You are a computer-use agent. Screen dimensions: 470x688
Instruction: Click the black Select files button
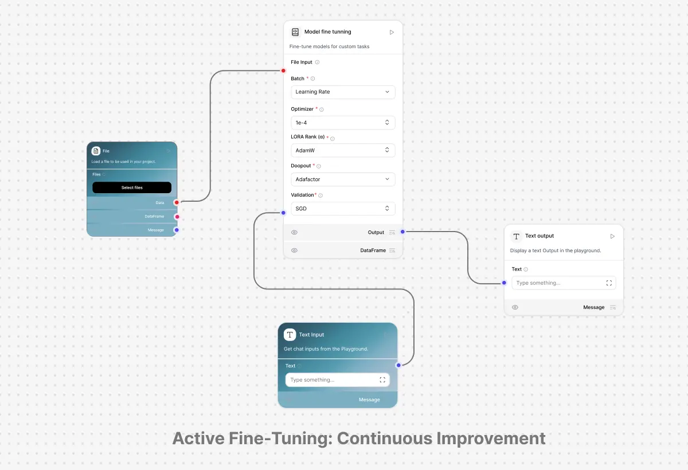pos(132,187)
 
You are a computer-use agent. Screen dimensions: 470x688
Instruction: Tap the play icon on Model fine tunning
pos(392,32)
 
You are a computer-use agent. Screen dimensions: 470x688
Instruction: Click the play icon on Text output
pos(612,236)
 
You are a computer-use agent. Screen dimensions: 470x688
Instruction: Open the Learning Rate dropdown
pos(343,92)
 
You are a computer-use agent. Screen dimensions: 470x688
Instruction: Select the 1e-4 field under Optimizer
pos(343,123)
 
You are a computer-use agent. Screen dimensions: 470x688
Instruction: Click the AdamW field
pos(343,150)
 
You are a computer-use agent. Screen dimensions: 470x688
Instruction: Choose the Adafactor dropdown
pos(343,179)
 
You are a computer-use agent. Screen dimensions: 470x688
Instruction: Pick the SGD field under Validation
pos(343,209)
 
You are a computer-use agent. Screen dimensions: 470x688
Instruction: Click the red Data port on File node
pos(177,202)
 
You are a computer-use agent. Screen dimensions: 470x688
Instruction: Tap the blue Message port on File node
pos(177,230)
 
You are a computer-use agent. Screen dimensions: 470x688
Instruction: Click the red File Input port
pos(283,71)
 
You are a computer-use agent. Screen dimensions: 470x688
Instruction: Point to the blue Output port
pos(402,232)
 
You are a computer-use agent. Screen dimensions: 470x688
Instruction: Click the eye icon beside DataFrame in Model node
pos(294,250)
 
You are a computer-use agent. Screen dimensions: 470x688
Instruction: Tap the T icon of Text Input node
pos(290,335)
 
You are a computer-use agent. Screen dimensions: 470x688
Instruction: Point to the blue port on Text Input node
pos(398,365)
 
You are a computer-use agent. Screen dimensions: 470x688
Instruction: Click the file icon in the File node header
pos(96,151)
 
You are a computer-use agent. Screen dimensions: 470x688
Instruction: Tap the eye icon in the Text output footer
pos(515,307)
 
